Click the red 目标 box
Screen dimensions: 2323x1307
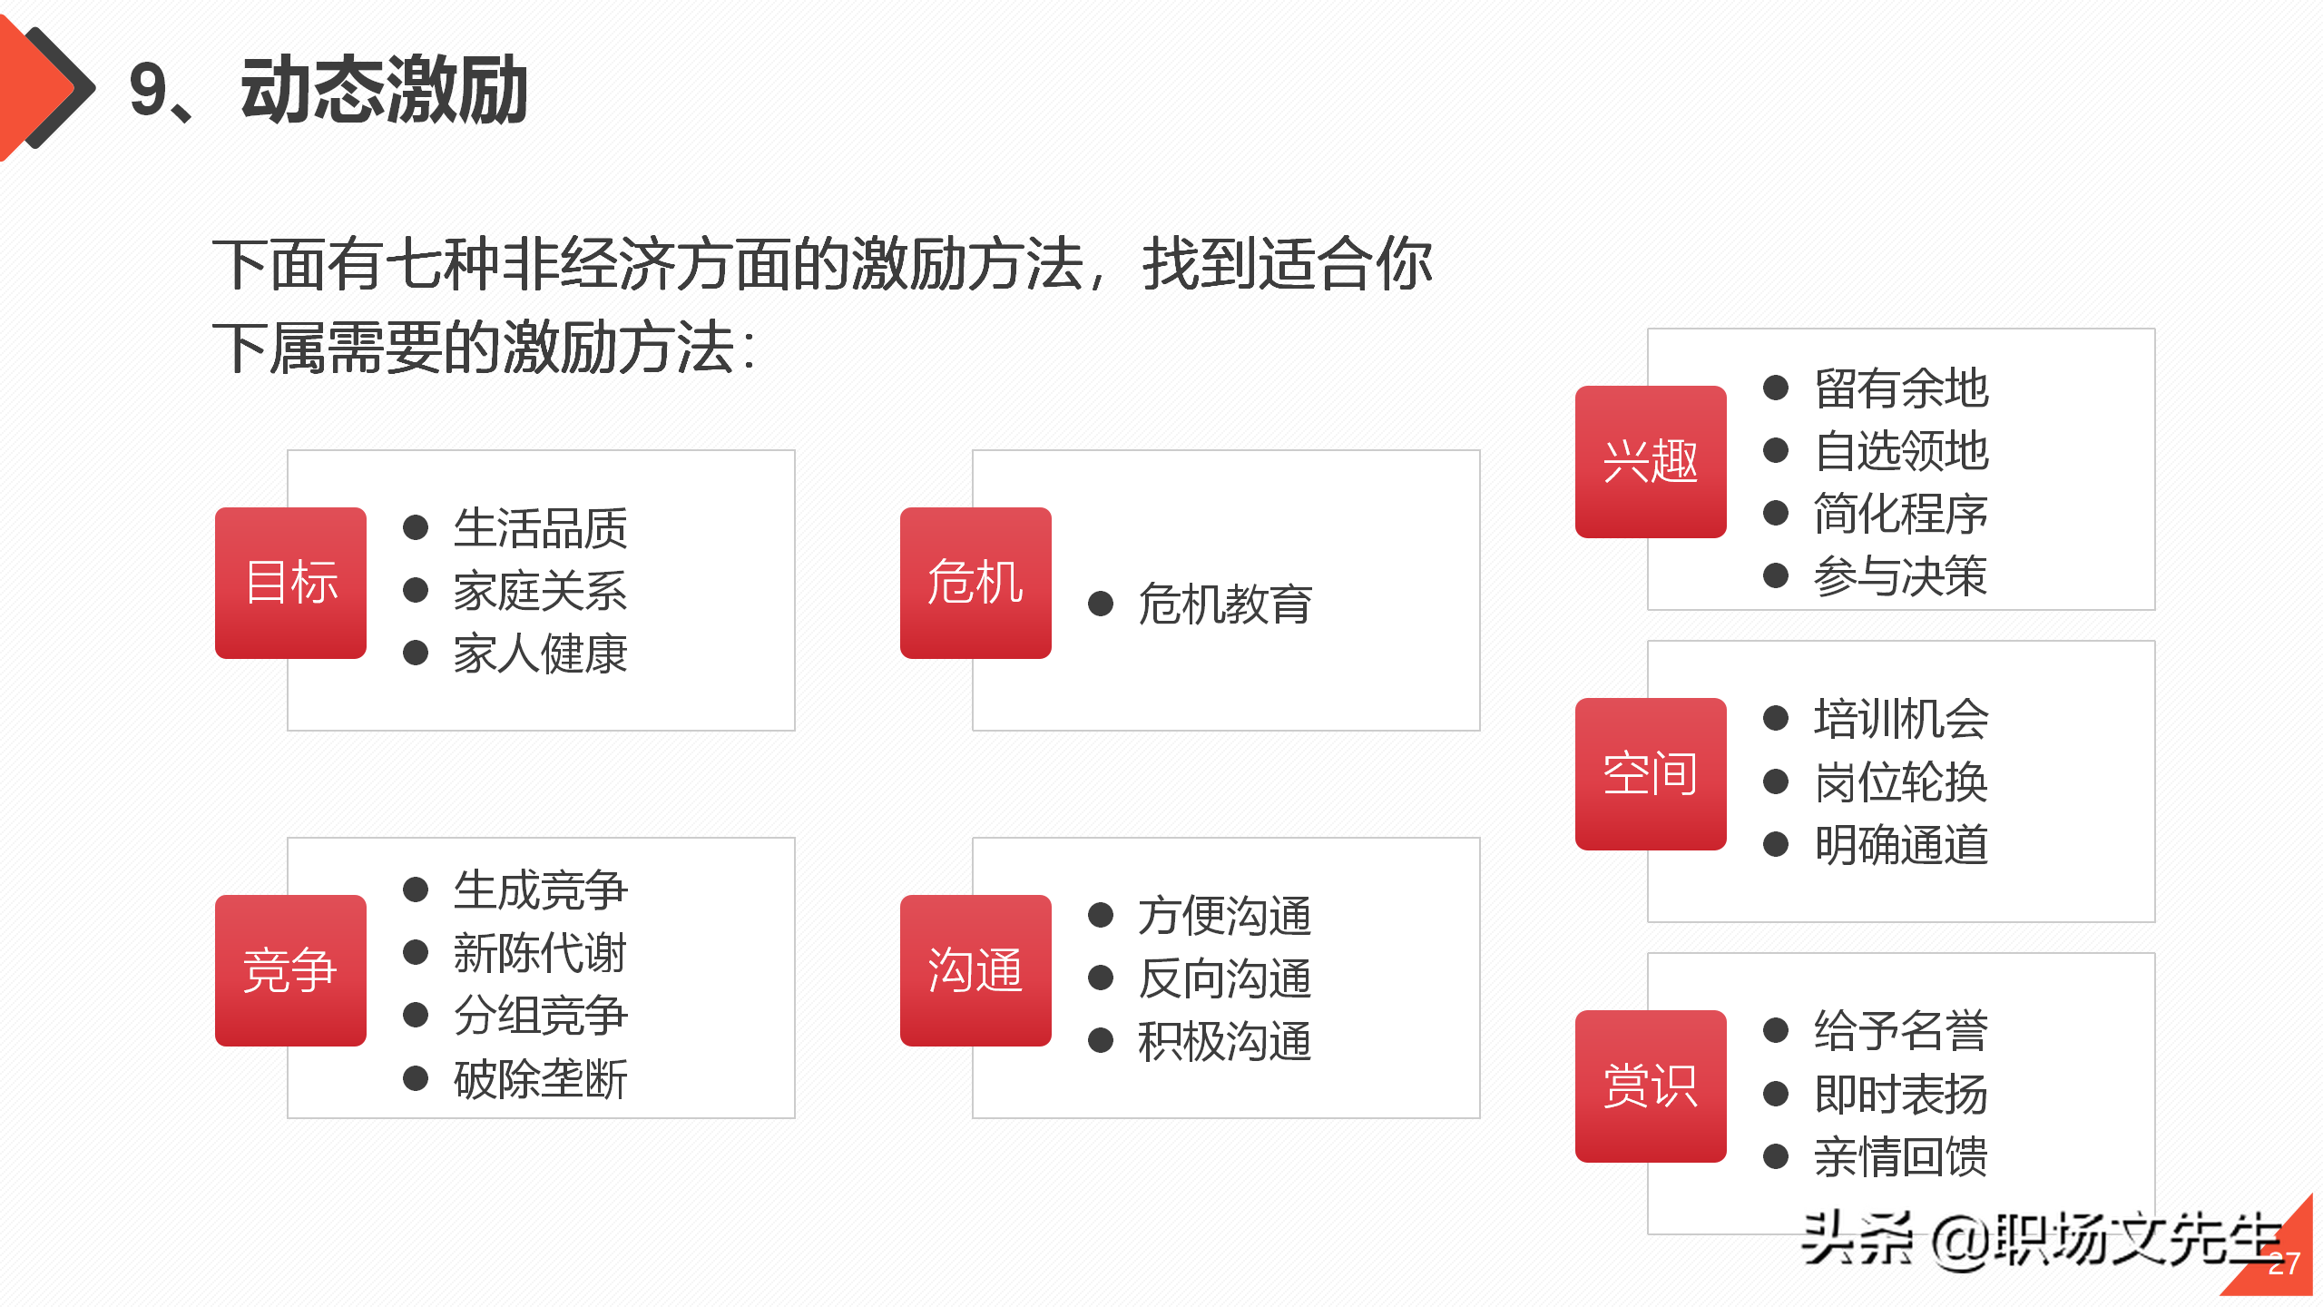(x=290, y=583)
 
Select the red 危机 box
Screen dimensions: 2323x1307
(x=975, y=583)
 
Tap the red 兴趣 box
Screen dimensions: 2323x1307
(x=1651, y=461)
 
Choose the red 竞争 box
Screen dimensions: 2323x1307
(x=290, y=970)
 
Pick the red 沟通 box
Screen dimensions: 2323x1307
(x=975, y=970)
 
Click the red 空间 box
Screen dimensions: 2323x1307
(x=1651, y=773)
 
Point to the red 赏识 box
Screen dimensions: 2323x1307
(x=1651, y=1086)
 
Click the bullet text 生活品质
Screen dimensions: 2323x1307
(x=540, y=528)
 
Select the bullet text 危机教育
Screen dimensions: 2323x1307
(x=1225, y=604)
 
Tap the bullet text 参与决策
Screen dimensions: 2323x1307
(x=1901, y=575)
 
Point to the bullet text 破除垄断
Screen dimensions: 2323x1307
(x=540, y=1079)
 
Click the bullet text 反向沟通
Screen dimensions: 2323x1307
(x=1225, y=978)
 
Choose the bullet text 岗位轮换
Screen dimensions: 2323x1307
(x=1901, y=781)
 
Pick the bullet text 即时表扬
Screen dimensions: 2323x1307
(x=1901, y=1094)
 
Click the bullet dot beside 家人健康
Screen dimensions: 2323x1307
(x=416, y=653)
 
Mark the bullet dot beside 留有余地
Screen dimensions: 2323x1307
(x=1776, y=388)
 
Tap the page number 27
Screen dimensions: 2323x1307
(x=2283, y=1264)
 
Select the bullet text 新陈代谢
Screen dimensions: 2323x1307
(x=540, y=953)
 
